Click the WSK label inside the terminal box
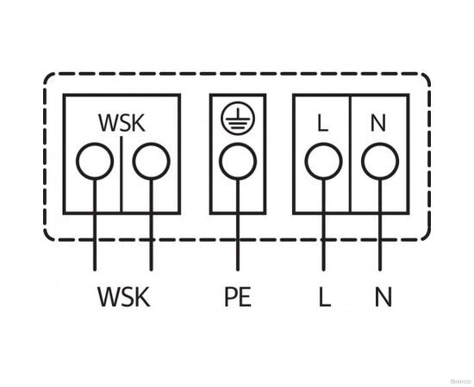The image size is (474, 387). point(122,123)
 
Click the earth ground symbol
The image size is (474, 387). point(237,120)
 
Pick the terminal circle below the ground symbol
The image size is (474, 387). point(237,161)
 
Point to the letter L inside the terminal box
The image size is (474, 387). point(322,123)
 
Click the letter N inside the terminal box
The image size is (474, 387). point(377,123)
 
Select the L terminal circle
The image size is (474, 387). point(322,161)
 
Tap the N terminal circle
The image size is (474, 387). point(377,161)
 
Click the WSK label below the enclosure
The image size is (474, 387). point(123,298)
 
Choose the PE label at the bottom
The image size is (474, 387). point(237,298)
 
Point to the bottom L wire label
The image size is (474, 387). point(324,298)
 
